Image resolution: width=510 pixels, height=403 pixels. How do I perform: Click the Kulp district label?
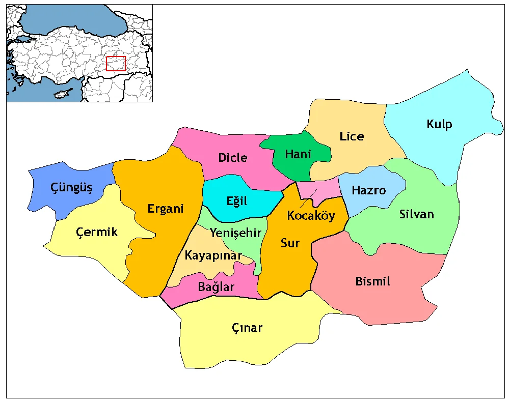pos(439,124)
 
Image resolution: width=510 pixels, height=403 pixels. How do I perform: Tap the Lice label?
pos(352,136)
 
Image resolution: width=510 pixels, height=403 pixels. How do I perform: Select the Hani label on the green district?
pos(298,154)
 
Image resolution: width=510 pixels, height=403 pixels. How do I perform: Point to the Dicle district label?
pos(232,158)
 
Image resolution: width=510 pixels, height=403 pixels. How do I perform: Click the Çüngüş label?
pos(71,188)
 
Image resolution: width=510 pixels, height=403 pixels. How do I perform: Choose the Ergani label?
pos(165,209)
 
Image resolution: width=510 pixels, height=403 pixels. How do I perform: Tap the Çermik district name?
pos(96,232)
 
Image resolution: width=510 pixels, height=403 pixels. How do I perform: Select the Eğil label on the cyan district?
pos(236,201)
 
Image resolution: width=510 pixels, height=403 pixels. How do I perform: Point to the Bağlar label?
pos(216,287)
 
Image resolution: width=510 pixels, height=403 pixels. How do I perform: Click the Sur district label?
pos(290,243)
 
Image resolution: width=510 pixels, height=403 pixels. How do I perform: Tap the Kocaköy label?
pos(311,215)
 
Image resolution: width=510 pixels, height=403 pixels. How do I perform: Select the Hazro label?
pos(369,190)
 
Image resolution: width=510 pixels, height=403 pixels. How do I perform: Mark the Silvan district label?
pos(417,214)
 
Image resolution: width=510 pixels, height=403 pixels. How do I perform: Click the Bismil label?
pos(372,281)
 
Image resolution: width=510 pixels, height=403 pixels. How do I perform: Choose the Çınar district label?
pos(247,327)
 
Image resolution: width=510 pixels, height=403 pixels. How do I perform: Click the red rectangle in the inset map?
pos(116,64)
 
